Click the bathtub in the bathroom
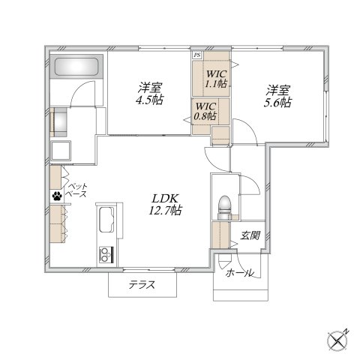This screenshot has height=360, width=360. pyautogui.click(x=76, y=67)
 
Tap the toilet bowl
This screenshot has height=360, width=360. pyautogui.click(x=224, y=205)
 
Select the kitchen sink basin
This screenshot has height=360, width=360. pyautogui.click(x=106, y=220)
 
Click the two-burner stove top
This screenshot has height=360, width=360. pyautogui.click(x=106, y=254)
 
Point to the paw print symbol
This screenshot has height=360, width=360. pyautogui.click(x=57, y=196)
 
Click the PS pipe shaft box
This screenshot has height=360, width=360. pyautogui.click(x=197, y=55)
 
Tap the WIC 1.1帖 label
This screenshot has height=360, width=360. pyautogui.click(x=217, y=79)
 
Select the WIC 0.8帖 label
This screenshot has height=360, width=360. pyautogui.click(x=205, y=111)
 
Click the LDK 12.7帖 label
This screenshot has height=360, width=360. pyautogui.click(x=165, y=205)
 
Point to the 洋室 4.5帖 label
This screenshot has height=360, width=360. pyautogui.click(x=149, y=94)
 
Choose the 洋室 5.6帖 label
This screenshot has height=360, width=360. pyautogui.click(x=277, y=96)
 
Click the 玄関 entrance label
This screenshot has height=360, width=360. pyautogui.click(x=250, y=235)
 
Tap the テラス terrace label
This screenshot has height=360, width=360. pyautogui.click(x=142, y=285)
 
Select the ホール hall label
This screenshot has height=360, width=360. pyautogui.click(x=239, y=273)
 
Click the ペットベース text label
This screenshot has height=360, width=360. pyautogui.click(x=77, y=190)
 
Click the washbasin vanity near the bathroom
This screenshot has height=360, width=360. pyautogui.click(x=58, y=122)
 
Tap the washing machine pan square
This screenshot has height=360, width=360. pyautogui.click(x=61, y=150)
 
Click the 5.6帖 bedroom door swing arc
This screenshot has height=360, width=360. pyautogui.click(x=249, y=128)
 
